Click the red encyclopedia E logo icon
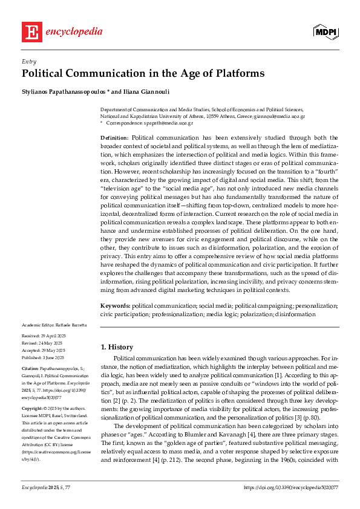coord(32,32)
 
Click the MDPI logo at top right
coord(325,33)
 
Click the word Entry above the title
coord(28,62)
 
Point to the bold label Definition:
coord(114,138)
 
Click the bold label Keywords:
coord(115,306)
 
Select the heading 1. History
coord(120,347)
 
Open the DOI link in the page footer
coord(290,487)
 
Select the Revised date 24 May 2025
coord(54,343)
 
